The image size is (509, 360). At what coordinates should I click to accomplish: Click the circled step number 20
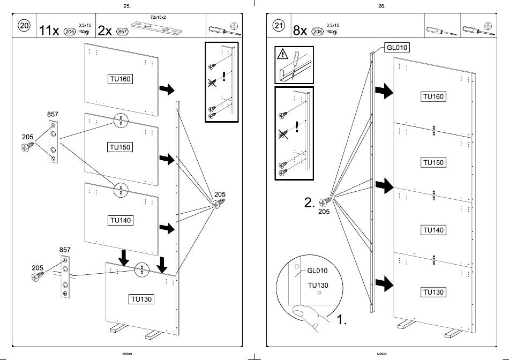coord(24,25)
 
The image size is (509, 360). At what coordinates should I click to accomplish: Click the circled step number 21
coord(279,25)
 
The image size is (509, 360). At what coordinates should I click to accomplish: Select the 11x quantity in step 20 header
coord(49,31)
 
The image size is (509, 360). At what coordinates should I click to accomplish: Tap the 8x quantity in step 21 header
coord(300,31)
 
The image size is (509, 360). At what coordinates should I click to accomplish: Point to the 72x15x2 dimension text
coord(158,17)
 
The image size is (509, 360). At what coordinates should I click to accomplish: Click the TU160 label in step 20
coord(120,79)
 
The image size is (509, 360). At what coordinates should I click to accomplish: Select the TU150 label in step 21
coord(433,162)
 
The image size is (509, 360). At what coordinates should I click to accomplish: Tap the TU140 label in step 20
coord(120,220)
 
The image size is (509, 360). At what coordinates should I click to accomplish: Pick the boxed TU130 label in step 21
coord(433,292)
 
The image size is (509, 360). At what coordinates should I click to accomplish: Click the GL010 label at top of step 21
coord(396,47)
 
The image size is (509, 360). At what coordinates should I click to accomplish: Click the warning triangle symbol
coord(283,54)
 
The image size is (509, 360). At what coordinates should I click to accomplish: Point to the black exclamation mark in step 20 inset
coord(224,76)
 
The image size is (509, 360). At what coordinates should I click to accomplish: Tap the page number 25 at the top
coord(128,6)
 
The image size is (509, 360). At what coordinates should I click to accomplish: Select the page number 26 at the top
coord(381,6)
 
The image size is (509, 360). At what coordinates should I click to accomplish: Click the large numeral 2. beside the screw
coord(310,202)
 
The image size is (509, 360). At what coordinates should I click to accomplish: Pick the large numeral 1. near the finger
coord(341,320)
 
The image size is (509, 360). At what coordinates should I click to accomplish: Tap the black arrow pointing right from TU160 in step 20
coord(167,89)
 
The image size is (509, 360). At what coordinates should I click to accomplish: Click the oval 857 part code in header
coord(123,32)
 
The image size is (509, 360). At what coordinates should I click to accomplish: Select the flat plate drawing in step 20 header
coord(156,28)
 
